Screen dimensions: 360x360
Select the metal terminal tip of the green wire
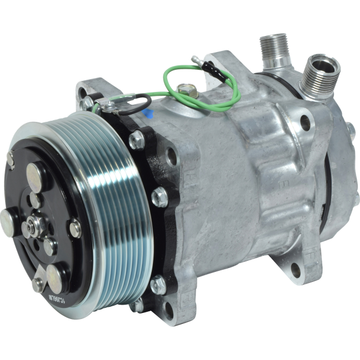click(194, 57)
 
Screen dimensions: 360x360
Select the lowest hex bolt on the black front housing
click(157, 284)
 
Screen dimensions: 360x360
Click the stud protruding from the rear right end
click(351, 128)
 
